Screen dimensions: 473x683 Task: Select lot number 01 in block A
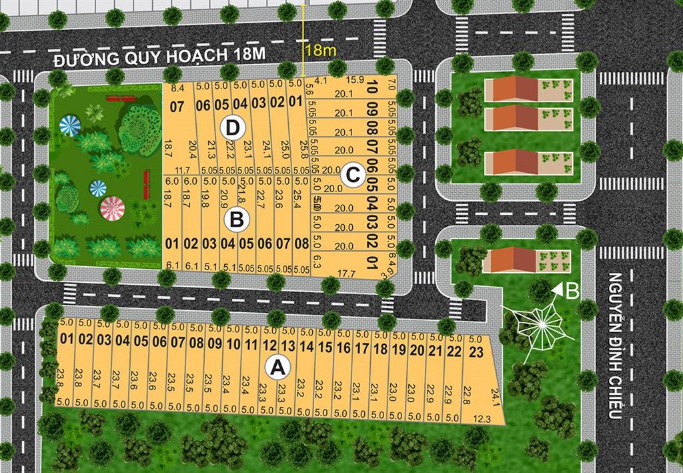(x=67, y=339)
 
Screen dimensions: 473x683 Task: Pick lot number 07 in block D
(x=177, y=105)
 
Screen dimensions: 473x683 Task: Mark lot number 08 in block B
(x=301, y=244)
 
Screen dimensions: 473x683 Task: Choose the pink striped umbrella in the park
(x=113, y=209)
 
